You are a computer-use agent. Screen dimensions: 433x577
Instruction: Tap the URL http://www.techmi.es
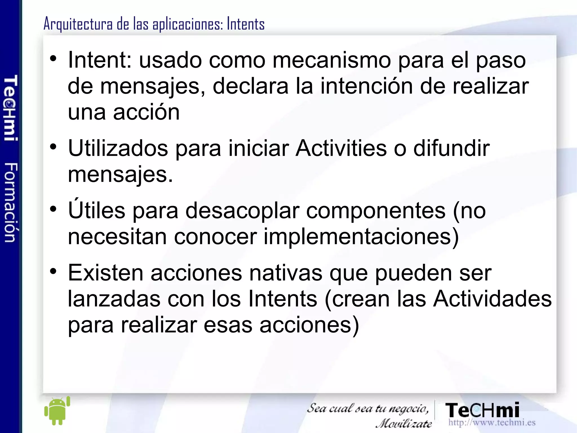pyautogui.click(x=492, y=422)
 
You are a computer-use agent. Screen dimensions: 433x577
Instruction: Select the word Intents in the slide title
pyautogui.click(x=246, y=24)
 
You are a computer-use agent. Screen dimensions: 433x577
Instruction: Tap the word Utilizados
pyautogui.click(x=118, y=148)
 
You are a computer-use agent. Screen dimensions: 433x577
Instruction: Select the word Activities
pyautogui.click(x=341, y=148)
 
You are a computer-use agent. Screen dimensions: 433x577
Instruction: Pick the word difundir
pyautogui.click(x=451, y=148)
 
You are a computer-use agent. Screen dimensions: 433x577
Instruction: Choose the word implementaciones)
pyautogui.click(x=361, y=236)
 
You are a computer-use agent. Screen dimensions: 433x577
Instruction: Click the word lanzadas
pyautogui.click(x=114, y=299)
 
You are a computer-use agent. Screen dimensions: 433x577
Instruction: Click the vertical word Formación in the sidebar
pyautogui.click(x=11, y=202)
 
